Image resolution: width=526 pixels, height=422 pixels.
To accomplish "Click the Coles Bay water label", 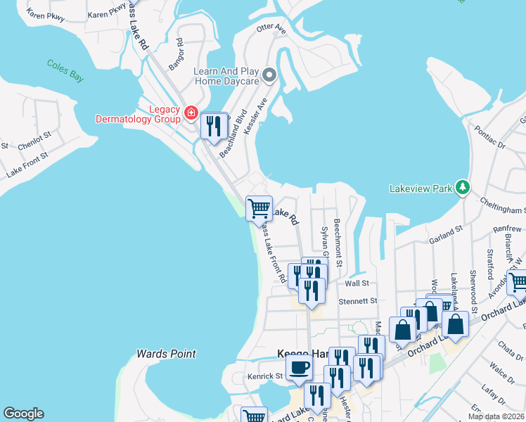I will click(x=65, y=70).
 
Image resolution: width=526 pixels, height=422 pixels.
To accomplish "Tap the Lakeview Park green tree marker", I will click(x=462, y=187).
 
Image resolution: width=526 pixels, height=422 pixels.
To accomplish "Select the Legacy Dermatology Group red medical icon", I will click(x=190, y=113).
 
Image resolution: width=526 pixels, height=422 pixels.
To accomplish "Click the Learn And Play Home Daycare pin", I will click(x=269, y=75).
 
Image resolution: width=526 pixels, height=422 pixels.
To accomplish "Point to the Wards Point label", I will click(x=166, y=354).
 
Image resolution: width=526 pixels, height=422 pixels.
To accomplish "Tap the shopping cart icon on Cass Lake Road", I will click(x=259, y=208).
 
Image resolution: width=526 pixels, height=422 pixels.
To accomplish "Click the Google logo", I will click(x=23, y=414).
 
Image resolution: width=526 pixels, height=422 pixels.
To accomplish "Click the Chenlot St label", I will click(x=34, y=141).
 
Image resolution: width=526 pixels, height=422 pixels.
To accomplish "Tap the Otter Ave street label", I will click(x=271, y=29).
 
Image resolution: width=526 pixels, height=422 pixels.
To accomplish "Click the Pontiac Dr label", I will click(x=490, y=138).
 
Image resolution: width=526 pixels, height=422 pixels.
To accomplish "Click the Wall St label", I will click(x=357, y=283).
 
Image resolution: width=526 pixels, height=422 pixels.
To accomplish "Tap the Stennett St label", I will click(x=358, y=301).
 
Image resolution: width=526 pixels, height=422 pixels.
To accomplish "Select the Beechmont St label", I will click(x=338, y=243).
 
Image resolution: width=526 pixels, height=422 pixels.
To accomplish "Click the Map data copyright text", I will click(x=496, y=416).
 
